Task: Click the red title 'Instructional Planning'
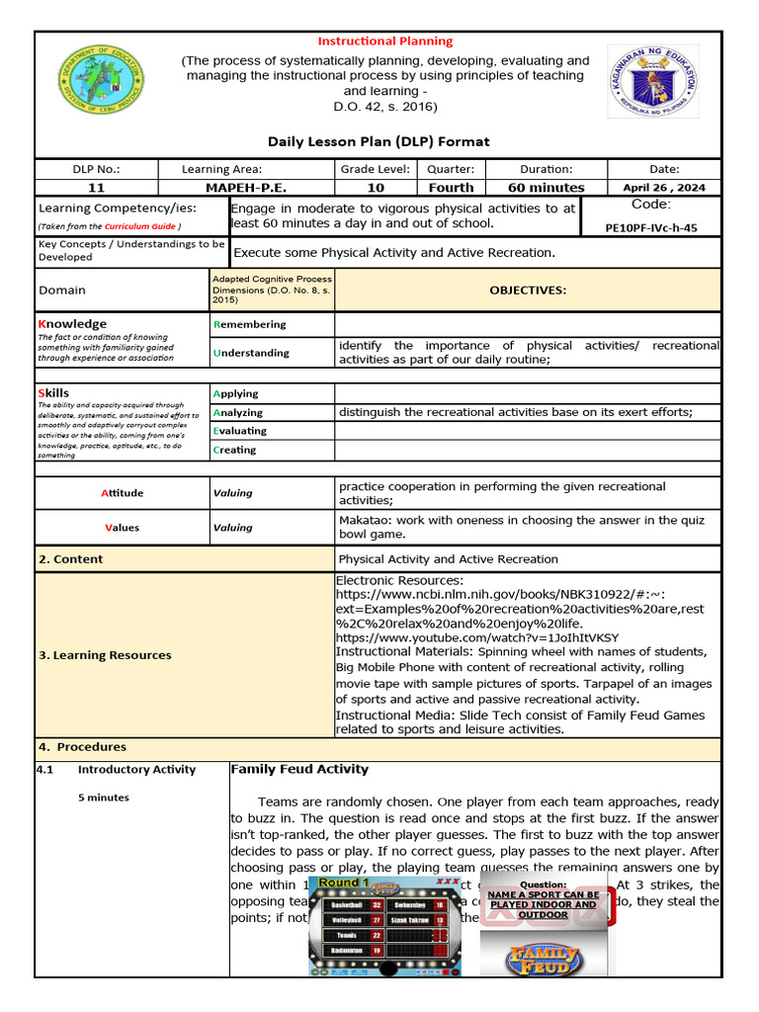(384, 41)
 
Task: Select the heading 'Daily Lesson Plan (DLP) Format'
(379, 141)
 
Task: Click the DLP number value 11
(96, 187)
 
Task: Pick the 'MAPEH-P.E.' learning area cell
(247, 187)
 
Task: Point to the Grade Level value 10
(376, 187)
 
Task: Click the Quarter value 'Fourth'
(451, 187)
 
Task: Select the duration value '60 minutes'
(546, 187)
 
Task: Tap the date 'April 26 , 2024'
(663, 187)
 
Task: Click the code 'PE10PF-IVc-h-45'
(650, 227)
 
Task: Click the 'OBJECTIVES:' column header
(528, 290)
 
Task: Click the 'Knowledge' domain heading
(72, 323)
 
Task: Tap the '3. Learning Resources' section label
(105, 655)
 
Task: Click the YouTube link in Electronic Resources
(477, 637)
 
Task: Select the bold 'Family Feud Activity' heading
(298, 769)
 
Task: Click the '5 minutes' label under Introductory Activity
(104, 798)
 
